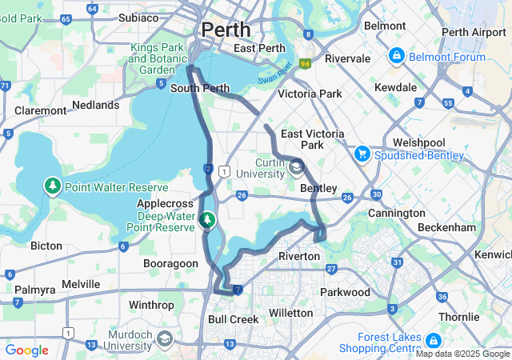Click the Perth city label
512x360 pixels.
pyautogui.click(x=226, y=30)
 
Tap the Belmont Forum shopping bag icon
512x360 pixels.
pyautogui.click(x=395, y=57)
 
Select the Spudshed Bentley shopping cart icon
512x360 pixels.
pyautogui.click(x=362, y=153)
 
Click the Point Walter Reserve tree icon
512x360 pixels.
pyautogui.click(x=53, y=186)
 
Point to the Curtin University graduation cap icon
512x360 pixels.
pyautogui.click(x=297, y=167)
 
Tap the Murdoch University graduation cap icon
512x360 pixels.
pyautogui.click(x=165, y=338)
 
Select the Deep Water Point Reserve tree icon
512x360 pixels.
pyautogui.click(x=208, y=218)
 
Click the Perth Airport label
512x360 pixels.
pyautogui.click(x=474, y=32)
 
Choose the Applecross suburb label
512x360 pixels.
pyautogui.click(x=163, y=204)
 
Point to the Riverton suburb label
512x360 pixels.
pyautogui.click(x=298, y=256)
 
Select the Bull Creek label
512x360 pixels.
pyautogui.click(x=233, y=318)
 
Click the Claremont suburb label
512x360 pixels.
pyautogui.click(x=40, y=110)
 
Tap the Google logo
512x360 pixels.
pyautogui.click(x=26, y=350)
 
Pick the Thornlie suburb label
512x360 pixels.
pyautogui.click(x=459, y=317)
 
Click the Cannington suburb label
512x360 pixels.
pyautogui.click(x=396, y=214)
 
